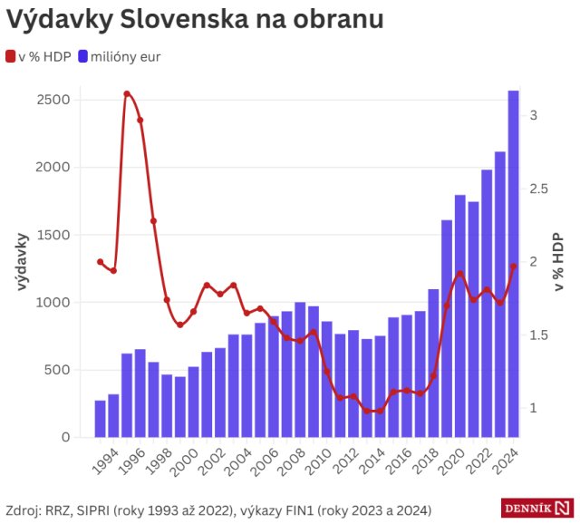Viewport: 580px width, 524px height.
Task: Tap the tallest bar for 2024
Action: click(x=513, y=263)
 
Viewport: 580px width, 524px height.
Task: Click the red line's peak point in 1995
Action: click(x=127, y=93)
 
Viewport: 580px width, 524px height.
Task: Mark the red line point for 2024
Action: click(x=513, y=266)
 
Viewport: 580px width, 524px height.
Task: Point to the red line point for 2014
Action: click(x=380, y=411)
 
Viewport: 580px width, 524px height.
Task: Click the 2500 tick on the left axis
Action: click(x=53, y=100)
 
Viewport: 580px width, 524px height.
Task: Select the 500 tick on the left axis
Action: click(x=57, y=370)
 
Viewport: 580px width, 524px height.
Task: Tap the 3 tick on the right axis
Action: click(x=535, y=115)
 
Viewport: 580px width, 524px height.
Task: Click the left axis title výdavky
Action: click(x=23, y=262)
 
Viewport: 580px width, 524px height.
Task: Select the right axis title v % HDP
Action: click(x=558, y=262)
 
